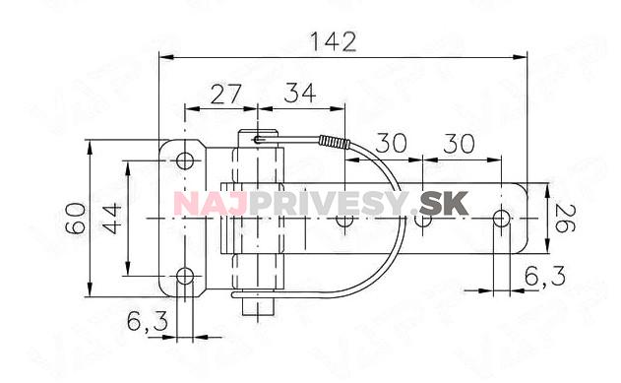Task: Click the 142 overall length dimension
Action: coord(333,42)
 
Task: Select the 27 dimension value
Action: coord(225,95)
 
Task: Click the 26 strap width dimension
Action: coord(565,219)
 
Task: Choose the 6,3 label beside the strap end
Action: coord(545,276)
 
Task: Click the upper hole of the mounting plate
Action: coord(185,160)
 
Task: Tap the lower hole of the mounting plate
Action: coord(185,276)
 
